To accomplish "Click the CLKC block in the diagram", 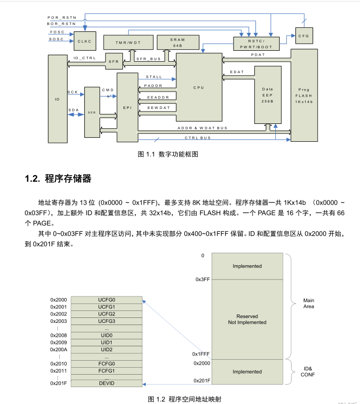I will click(84, 41).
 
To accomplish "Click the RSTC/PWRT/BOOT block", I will click(257, 43).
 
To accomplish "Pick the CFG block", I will click(303, 36).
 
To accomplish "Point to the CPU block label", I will click(199, 88).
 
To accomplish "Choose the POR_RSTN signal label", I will click(62, 17).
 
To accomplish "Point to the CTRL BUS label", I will click(198, 138).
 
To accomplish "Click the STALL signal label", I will click(154, 77).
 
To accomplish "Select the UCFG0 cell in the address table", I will click(107, 300).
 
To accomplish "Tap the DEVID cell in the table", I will click(107, 384).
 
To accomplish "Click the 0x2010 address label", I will click(58, 364).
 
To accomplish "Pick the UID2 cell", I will click(107, 350).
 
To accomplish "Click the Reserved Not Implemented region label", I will click(247, 319).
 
